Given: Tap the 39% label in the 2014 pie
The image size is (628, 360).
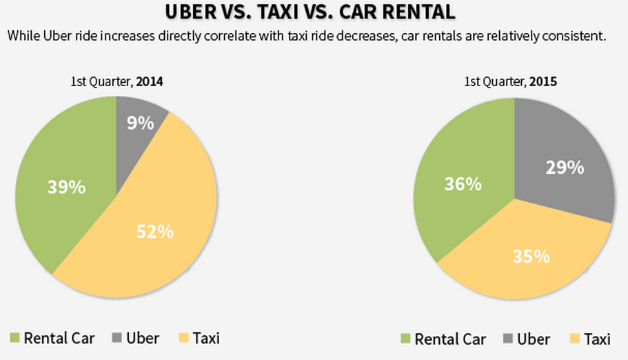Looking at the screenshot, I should click(x=66, y=186).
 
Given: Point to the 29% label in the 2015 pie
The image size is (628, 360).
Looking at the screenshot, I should click(x=565, y=167).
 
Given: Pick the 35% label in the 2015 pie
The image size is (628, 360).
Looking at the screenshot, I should click(x=531, y=256).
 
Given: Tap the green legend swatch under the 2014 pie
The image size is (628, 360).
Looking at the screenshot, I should click(x=15, y=338).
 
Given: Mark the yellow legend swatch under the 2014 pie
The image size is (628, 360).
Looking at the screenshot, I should click(x=183, y=338).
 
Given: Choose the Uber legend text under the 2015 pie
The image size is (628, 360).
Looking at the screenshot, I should click(x=534, y=339).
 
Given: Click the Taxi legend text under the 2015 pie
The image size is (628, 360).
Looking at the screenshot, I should click(x=597, y=339).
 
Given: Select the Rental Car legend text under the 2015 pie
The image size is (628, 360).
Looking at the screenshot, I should click(x=450, y=339).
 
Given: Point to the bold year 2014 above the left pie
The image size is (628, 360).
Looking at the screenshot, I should click(x=150, y=81).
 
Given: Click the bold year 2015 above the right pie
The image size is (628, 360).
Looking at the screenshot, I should click(x=543, y=81).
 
